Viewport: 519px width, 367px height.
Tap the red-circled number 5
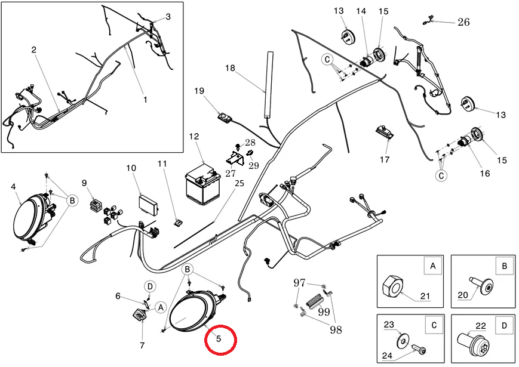pos(219,339)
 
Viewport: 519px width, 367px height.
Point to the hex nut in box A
pos(393,289)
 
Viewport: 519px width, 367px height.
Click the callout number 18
pos(230,68)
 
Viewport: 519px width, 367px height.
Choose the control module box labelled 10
pos(148,205)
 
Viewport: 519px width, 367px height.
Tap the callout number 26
pos(463,22)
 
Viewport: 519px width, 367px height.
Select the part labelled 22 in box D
pos(472,344)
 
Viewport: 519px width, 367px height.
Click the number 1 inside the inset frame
pos(145,99)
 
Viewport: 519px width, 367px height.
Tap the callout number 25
pos(239,183)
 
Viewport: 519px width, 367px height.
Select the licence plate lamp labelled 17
pos(385,132)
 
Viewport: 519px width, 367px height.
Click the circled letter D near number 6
pos(150,286)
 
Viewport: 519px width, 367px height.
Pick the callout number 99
pos(324,311)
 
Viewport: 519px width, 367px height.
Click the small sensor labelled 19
pos(225,118)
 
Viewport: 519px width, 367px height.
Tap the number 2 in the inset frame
pos(34,50)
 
